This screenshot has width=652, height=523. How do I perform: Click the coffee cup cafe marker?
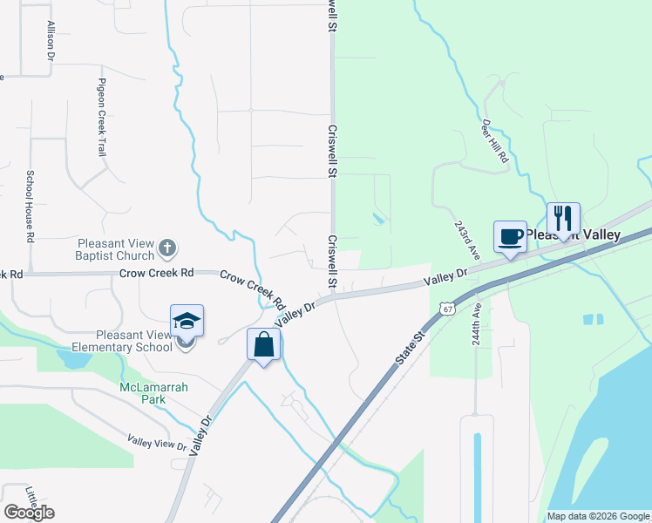[x=510, y=236]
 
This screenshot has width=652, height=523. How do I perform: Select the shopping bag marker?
[x=264, y=345]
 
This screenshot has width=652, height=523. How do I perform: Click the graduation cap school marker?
[x=187, y=322]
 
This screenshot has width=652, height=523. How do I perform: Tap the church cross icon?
[x=168, y=249]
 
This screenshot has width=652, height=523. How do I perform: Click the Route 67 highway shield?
[x=447, y=309]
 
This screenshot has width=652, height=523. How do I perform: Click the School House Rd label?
[x=30, y=206]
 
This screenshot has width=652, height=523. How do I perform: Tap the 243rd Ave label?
[x=466, y=238]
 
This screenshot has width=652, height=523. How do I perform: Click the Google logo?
[x=29, y=513]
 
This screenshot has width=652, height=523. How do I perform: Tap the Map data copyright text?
[x=597, y=516]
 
